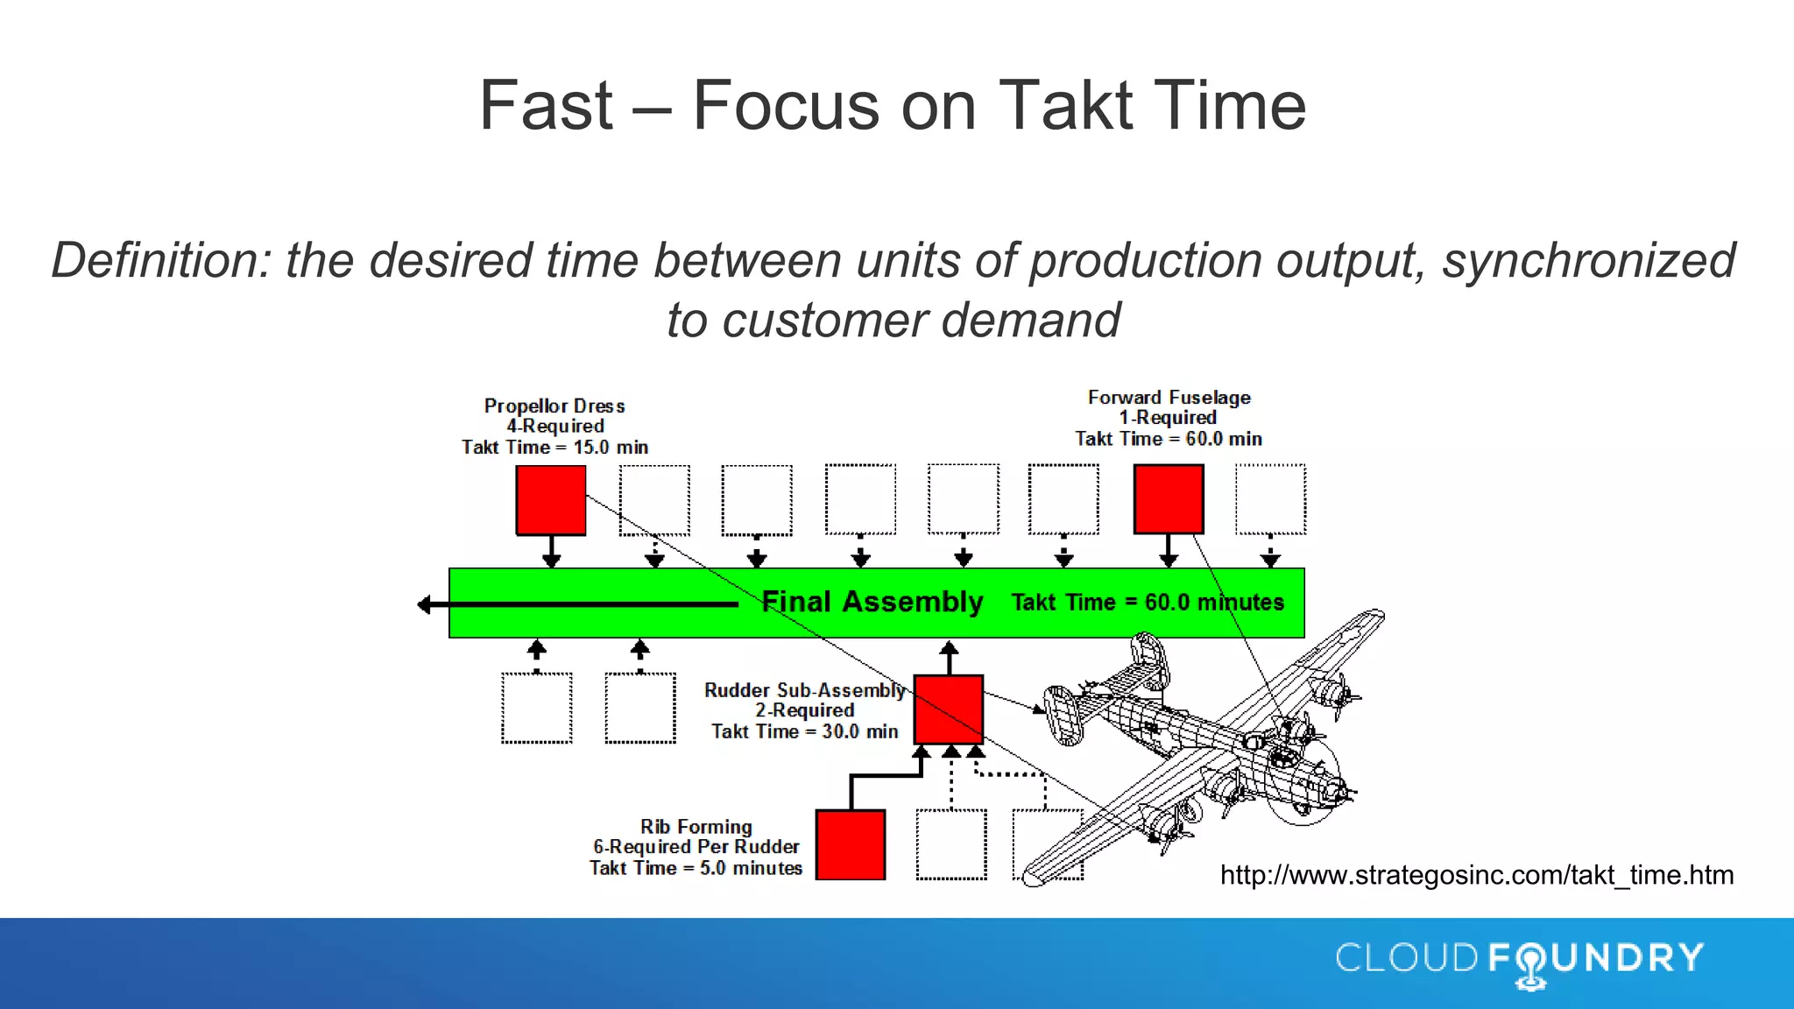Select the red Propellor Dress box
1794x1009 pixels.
pyautogui.click(x=551, y=499)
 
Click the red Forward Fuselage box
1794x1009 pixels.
pyautogui.click(x=1169, y=499)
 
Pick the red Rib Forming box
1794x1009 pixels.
pyautogui.click(x=851, y=844)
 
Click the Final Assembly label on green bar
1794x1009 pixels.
pyautogui.click(x=872, y=602)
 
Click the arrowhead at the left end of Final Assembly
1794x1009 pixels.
pyautogui.click(x=425, y=604)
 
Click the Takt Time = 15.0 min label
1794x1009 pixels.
pyautogui.click(x=555, y=448)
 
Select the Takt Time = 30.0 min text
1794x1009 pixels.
pyautogui.click(x=804, y=731)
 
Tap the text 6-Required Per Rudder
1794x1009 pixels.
pyautogui.click(x=696, y=847)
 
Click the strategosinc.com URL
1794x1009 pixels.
pyautogui.click(x=1477, y=875)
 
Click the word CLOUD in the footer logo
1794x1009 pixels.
pyautogui.click(x=1407, y=958)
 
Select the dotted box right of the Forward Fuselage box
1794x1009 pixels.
pyautogui.click(x=1270, y=499)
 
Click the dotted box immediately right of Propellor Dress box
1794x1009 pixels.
pyautogui.click(x=654, y=499)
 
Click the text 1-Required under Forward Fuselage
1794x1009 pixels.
pyautogui.click(x=1168, y=418)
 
